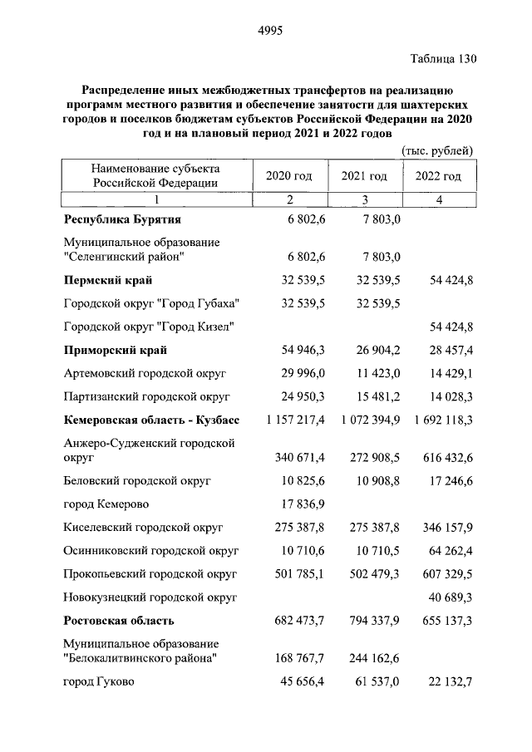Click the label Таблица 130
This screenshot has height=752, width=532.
coord(444,59)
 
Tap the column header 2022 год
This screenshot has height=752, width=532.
coord(437,176)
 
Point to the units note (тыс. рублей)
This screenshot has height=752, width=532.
coord(437,150)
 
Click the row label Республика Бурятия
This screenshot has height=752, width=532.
coord(122,219)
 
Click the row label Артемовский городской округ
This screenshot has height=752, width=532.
coord(145,373)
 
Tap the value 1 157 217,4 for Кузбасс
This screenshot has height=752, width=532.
coord(297,420)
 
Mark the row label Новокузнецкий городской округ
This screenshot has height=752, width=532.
coord(150,597)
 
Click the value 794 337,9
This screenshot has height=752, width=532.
coord(371,620)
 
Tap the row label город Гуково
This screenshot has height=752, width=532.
coord(99,682)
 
